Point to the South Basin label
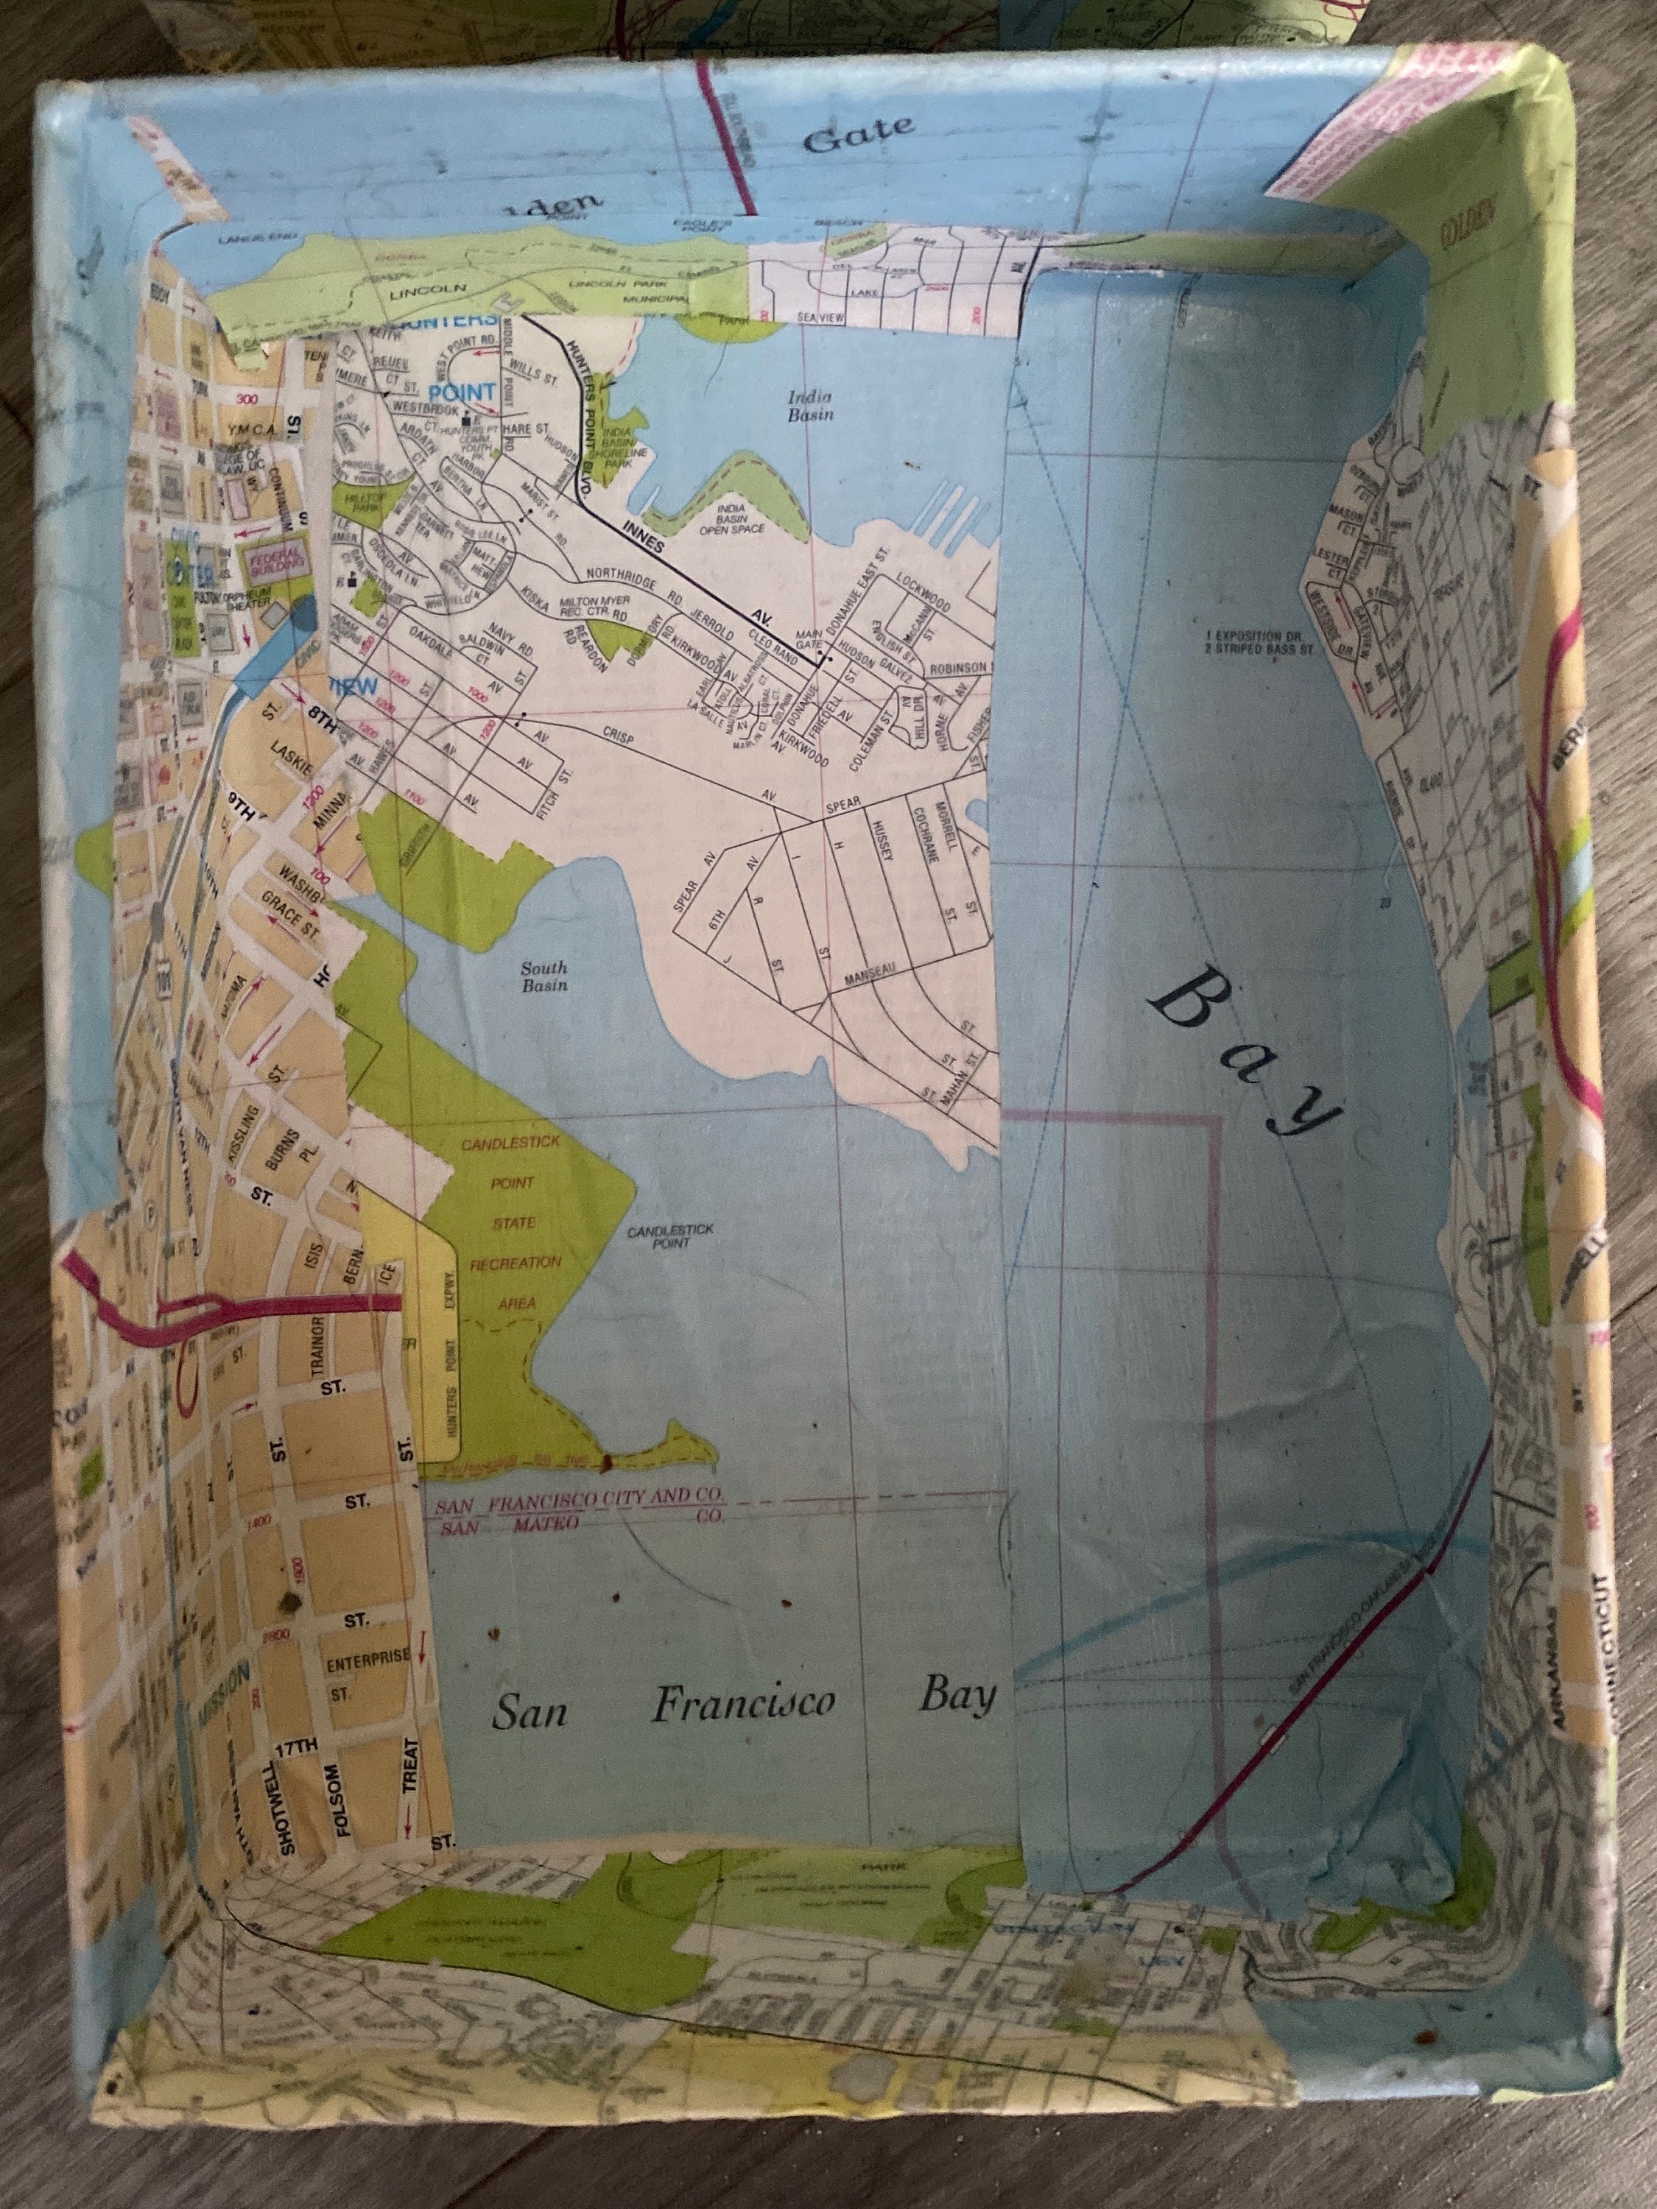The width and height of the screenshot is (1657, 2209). (544, 976)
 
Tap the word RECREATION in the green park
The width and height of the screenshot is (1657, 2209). (516, 1264)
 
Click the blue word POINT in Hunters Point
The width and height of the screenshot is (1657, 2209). (462, 392)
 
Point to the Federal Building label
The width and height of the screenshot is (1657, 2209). (269, 557)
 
